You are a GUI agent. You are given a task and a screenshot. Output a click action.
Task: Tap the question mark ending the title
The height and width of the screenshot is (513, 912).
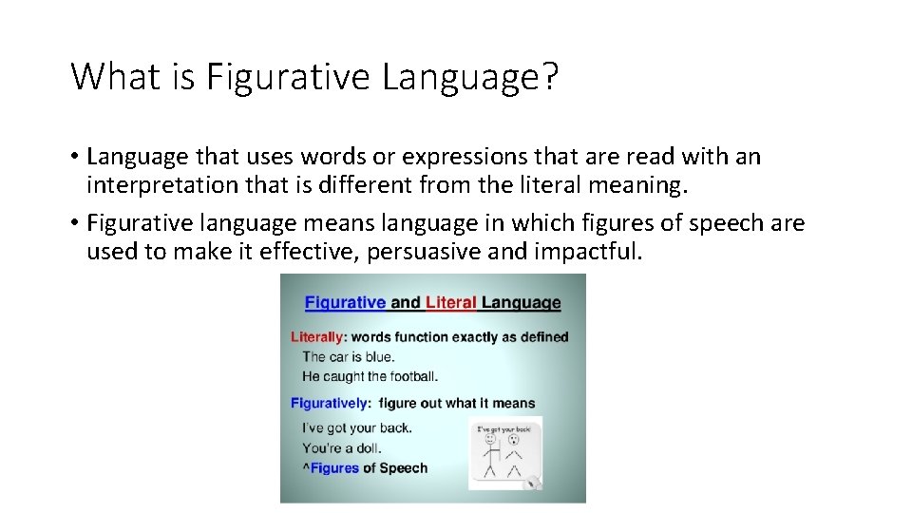tap(550, 76)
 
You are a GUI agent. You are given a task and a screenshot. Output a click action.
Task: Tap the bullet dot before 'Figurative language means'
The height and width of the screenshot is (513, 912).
tap(74, 224)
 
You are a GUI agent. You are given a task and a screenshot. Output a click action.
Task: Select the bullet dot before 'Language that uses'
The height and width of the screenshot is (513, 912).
tap(74, 157)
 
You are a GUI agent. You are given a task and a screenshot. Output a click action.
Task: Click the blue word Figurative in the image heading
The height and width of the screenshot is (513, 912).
tap(345, 303)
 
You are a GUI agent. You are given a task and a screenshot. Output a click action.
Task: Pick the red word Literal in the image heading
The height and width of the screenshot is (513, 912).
tap(451, 303)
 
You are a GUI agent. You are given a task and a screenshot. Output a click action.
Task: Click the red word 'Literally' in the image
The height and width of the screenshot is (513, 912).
tap(316, 336)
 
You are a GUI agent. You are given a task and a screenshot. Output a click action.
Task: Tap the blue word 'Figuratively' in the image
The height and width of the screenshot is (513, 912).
tap(330, 403)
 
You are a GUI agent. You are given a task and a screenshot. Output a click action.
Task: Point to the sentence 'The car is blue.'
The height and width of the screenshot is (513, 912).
tap(349, 357)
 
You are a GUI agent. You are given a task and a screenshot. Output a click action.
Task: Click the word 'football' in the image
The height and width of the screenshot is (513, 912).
tap(411, 376)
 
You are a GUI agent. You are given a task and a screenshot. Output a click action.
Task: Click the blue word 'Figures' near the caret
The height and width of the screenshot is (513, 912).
tap(334, 467)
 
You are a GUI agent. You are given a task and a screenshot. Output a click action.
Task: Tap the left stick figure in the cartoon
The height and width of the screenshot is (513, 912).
tap(490, 454)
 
